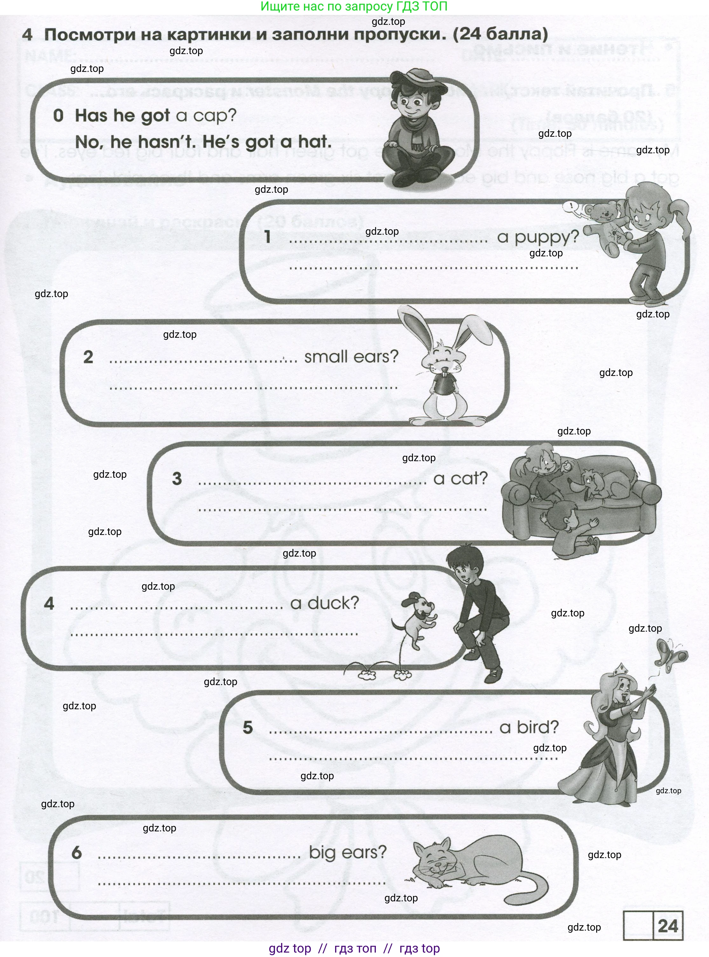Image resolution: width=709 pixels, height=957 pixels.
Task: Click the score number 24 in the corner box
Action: click(667, 926)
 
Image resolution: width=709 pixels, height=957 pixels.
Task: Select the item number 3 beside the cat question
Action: click(177, 479)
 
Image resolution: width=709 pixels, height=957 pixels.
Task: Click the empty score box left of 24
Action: click(638, 926)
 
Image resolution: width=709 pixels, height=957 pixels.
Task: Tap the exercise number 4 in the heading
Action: click(27, 35)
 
